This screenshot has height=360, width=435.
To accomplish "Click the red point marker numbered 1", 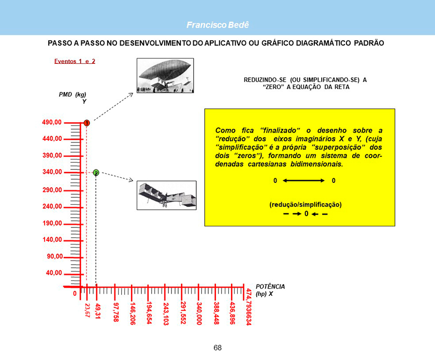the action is coord(87,123).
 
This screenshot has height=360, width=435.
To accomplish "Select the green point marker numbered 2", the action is coord(96,172).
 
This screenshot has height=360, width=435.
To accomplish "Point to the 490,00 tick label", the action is coord(52,122).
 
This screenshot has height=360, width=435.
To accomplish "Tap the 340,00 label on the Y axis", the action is coord(52,172).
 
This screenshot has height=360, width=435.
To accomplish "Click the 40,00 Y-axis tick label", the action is coord(54,273).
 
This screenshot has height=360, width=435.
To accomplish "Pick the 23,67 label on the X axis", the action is coord(87,310).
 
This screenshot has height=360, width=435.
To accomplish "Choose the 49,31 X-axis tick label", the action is coord(98,311).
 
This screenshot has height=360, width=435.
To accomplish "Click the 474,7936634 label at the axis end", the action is coord(249,307).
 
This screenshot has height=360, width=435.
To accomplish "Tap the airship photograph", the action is coord(165,76).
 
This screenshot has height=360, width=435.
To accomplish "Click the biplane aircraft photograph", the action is coord(166,195).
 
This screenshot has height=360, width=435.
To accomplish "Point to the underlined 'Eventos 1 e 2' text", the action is coord(75,61).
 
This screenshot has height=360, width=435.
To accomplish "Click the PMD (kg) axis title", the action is coord(72,95).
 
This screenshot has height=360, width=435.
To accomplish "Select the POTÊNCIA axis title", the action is coord(270,286).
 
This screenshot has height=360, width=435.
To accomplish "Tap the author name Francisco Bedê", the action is coord(218,25).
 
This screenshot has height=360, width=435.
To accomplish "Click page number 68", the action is coord(218,348).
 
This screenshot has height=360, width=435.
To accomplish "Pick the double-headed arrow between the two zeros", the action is coord(303,181).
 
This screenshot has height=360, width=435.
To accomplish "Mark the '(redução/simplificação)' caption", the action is coord(306,205).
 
